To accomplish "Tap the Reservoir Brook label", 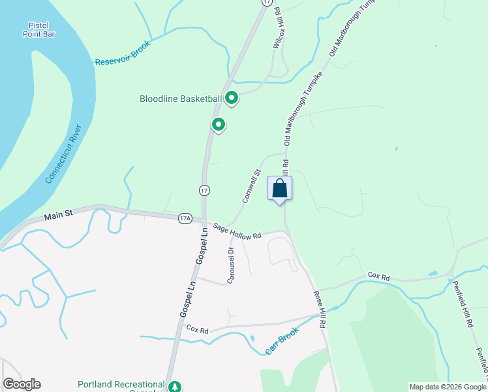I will [123, 53].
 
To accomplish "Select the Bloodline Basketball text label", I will [181, 99].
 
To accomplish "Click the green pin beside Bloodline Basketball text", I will [231, 99].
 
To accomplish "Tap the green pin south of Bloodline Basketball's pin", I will [219, 123].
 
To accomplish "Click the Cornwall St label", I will [252, 186].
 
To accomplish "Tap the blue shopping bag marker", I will [280, 189].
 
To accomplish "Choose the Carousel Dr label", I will [230, 265].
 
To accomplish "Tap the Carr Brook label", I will [282, 341].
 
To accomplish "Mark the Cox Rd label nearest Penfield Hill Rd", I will [378, 278].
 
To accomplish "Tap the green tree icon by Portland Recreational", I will [175, 387].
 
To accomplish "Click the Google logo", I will [22, 384].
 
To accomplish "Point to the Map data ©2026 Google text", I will [447, 387].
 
